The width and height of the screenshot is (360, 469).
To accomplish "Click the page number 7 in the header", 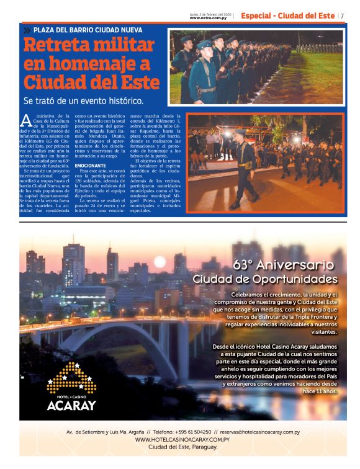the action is [343, 16].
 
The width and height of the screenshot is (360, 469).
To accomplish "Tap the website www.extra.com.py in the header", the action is [208, 18].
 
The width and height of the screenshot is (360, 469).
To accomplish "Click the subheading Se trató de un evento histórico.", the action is [83, 100].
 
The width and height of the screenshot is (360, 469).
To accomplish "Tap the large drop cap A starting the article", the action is [25, 121].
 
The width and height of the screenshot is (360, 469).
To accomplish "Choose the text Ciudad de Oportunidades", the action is [265, 279].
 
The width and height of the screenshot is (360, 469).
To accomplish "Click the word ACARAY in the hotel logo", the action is [72, 406].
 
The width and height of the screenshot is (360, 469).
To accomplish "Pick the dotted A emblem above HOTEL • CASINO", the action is [72, 377].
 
